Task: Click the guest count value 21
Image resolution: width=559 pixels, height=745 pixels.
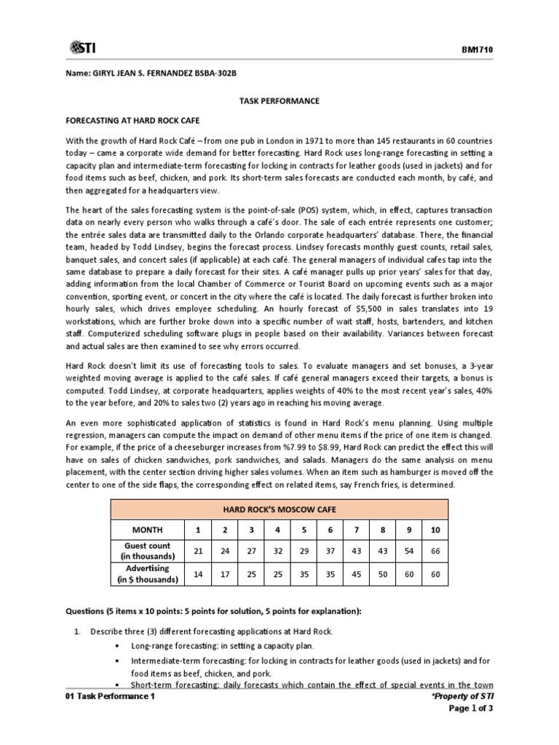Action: [197, 551]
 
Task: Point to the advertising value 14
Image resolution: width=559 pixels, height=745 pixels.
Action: [197, 574]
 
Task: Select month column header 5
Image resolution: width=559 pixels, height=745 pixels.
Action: [305, 530]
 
